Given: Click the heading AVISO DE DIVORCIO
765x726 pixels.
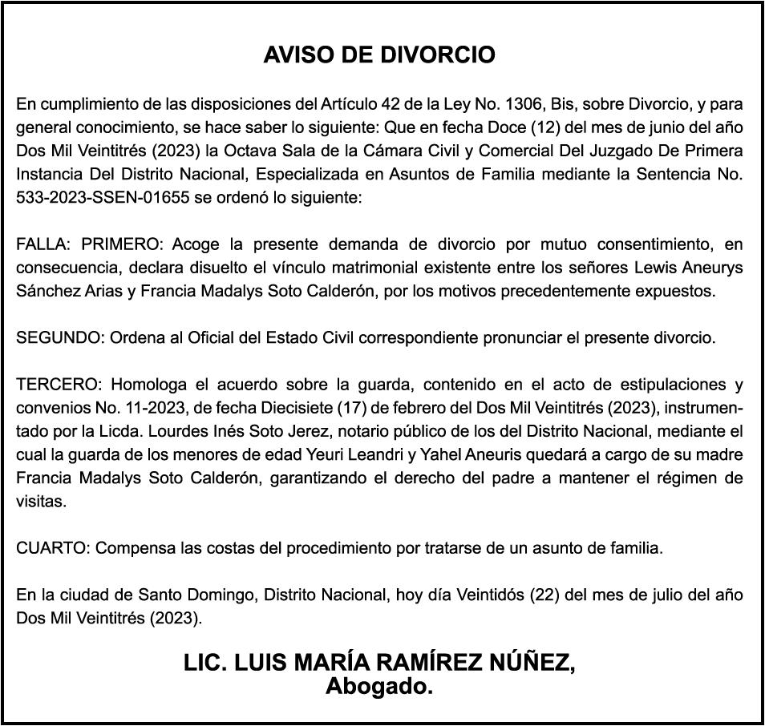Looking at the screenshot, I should click(379, 55).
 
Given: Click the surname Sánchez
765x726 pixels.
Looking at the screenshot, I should click(49, 290).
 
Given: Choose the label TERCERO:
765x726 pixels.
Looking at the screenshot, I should click(56, 385).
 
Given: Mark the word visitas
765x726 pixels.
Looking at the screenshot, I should click(38, 502).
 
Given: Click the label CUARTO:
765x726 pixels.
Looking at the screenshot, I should click(54, 549).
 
